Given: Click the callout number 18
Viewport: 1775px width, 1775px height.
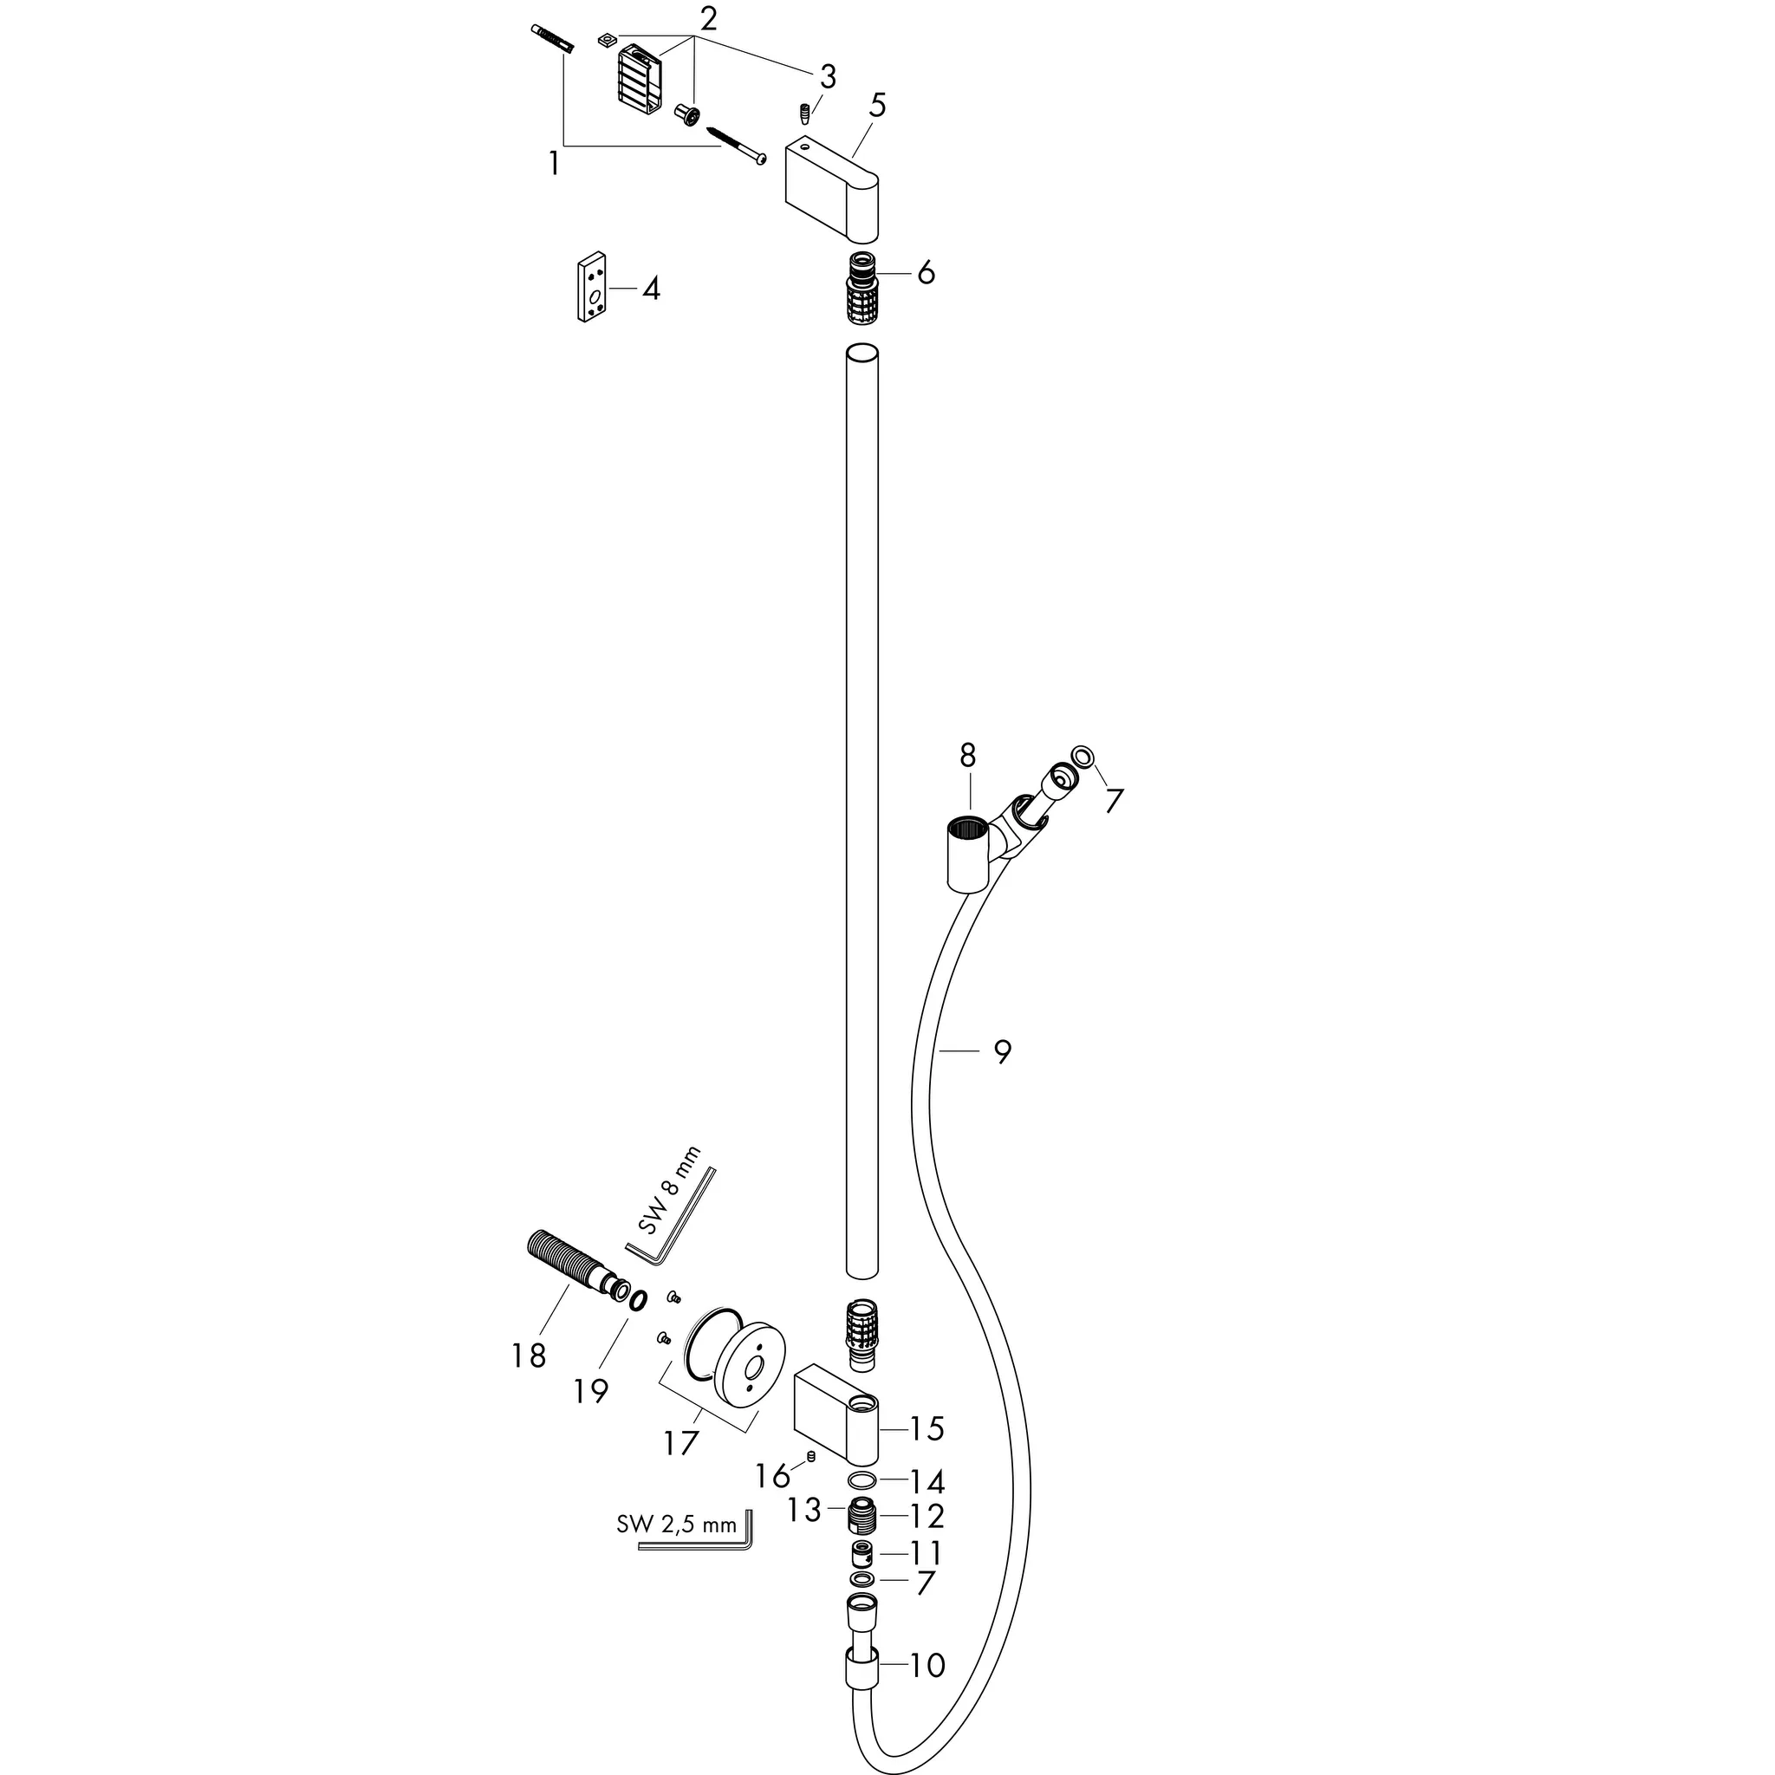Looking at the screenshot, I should [x=529, y=1355].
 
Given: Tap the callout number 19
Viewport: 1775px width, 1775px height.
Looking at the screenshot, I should [x=591, y=1390].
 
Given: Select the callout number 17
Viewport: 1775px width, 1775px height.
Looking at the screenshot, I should [x=680, y=1443].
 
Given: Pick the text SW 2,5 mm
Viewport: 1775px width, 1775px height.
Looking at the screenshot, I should [x=676, y=1525].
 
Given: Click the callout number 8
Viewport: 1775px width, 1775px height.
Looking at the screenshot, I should [x=967, y=755].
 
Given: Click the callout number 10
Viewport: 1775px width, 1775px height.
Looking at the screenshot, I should [x=927, y=1665].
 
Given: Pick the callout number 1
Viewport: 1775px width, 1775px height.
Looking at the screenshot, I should [x=553, y=164].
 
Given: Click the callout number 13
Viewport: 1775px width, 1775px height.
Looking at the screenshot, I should [x=804, y=1510].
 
